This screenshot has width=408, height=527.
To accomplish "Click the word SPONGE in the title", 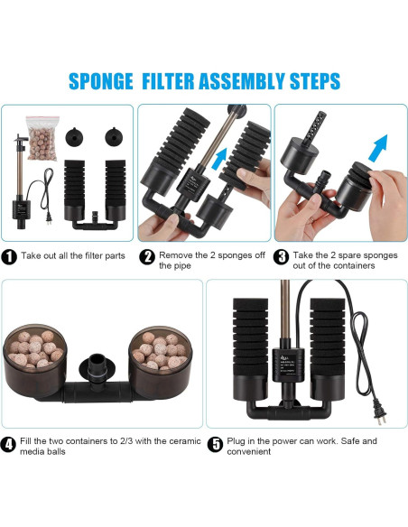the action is [x=101, y=81].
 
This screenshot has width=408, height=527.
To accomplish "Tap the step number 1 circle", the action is [x=9, y=257].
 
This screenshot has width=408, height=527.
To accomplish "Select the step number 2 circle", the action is [x=147, y=257].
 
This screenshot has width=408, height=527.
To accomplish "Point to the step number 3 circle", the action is [x=281, y=257].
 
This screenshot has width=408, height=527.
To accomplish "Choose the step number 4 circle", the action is [x=8, y=444].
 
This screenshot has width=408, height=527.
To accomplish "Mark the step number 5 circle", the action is [x=215, y=444].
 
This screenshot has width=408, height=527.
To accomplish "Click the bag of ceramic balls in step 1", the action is [x=42, y=138].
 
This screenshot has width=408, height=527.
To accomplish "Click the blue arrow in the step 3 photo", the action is [x=378, y=148].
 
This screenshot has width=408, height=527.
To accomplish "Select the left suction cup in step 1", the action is [x=74, y=136].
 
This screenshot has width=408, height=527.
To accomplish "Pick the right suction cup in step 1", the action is [x=114, y=136].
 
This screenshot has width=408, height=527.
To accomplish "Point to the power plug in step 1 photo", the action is [x=49, y=217].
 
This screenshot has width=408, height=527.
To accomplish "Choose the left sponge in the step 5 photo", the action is [x=250, y=349].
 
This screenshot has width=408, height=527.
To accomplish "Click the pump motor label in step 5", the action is [x=288, y=364].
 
